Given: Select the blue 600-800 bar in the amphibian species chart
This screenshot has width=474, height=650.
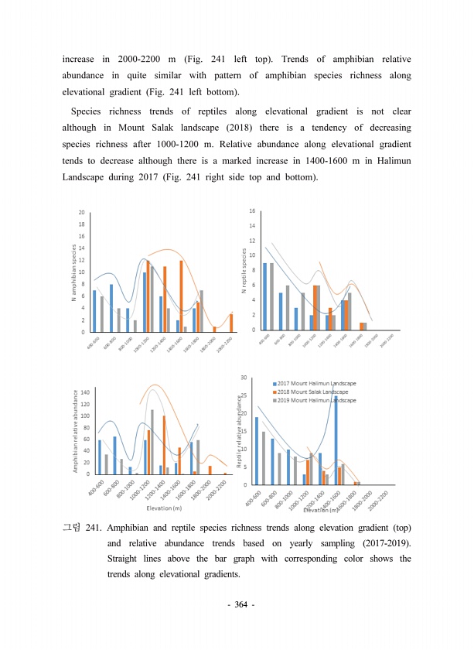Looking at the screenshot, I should pyautogui.click(x=111, y=308).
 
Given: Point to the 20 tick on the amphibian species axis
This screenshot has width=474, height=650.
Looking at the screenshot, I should pyautogui.click(x=82, y=212).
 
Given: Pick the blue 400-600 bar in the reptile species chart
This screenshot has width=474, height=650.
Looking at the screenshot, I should pyautogui.click(x=264, y=296).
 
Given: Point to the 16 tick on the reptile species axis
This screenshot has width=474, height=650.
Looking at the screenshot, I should pyautogui.click(x=252, y=210).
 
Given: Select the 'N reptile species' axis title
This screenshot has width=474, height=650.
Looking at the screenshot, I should pyautogui.click(x=244, y=271).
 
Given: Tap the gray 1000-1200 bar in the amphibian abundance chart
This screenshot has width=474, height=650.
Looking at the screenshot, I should pyautogui.click(x=152, y=442).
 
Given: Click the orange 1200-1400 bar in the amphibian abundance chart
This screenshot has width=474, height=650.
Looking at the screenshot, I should pyautogui.click(x=164, y=445).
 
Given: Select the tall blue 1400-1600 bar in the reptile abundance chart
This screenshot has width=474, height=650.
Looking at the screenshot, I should pyautogui.click(x=336, y=440).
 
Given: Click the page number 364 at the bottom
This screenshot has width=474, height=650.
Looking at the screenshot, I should pyautogui.click(x=237, y=604).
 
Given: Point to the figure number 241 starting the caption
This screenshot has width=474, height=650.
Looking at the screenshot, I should pyautogui.click(x=94, y=528).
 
